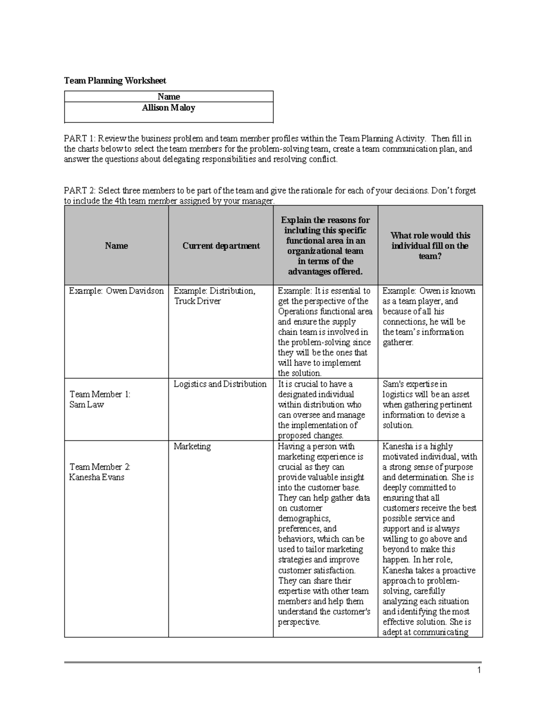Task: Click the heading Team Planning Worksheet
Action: [115, 81]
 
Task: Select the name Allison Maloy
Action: [168, 108]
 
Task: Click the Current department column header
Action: [221, 246]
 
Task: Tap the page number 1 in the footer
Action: [479, 670]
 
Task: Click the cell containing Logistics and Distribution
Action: [220, 384]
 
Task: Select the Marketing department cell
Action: [192, 447]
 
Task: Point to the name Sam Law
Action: [86, 405]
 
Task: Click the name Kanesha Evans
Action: [96, 478]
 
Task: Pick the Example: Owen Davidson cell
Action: [116, 291]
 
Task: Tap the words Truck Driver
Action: [197, 301]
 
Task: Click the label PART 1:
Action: [80, 138]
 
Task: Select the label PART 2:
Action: [80, 191]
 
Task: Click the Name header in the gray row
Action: [116, 246]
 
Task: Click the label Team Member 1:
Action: [100, 394]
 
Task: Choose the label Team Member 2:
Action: [100, 467]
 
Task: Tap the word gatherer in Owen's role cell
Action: [398, 342]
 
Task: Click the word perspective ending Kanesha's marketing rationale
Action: [298, 622]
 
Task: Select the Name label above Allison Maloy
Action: [168, 97]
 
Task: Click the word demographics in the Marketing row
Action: [304, 519]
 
